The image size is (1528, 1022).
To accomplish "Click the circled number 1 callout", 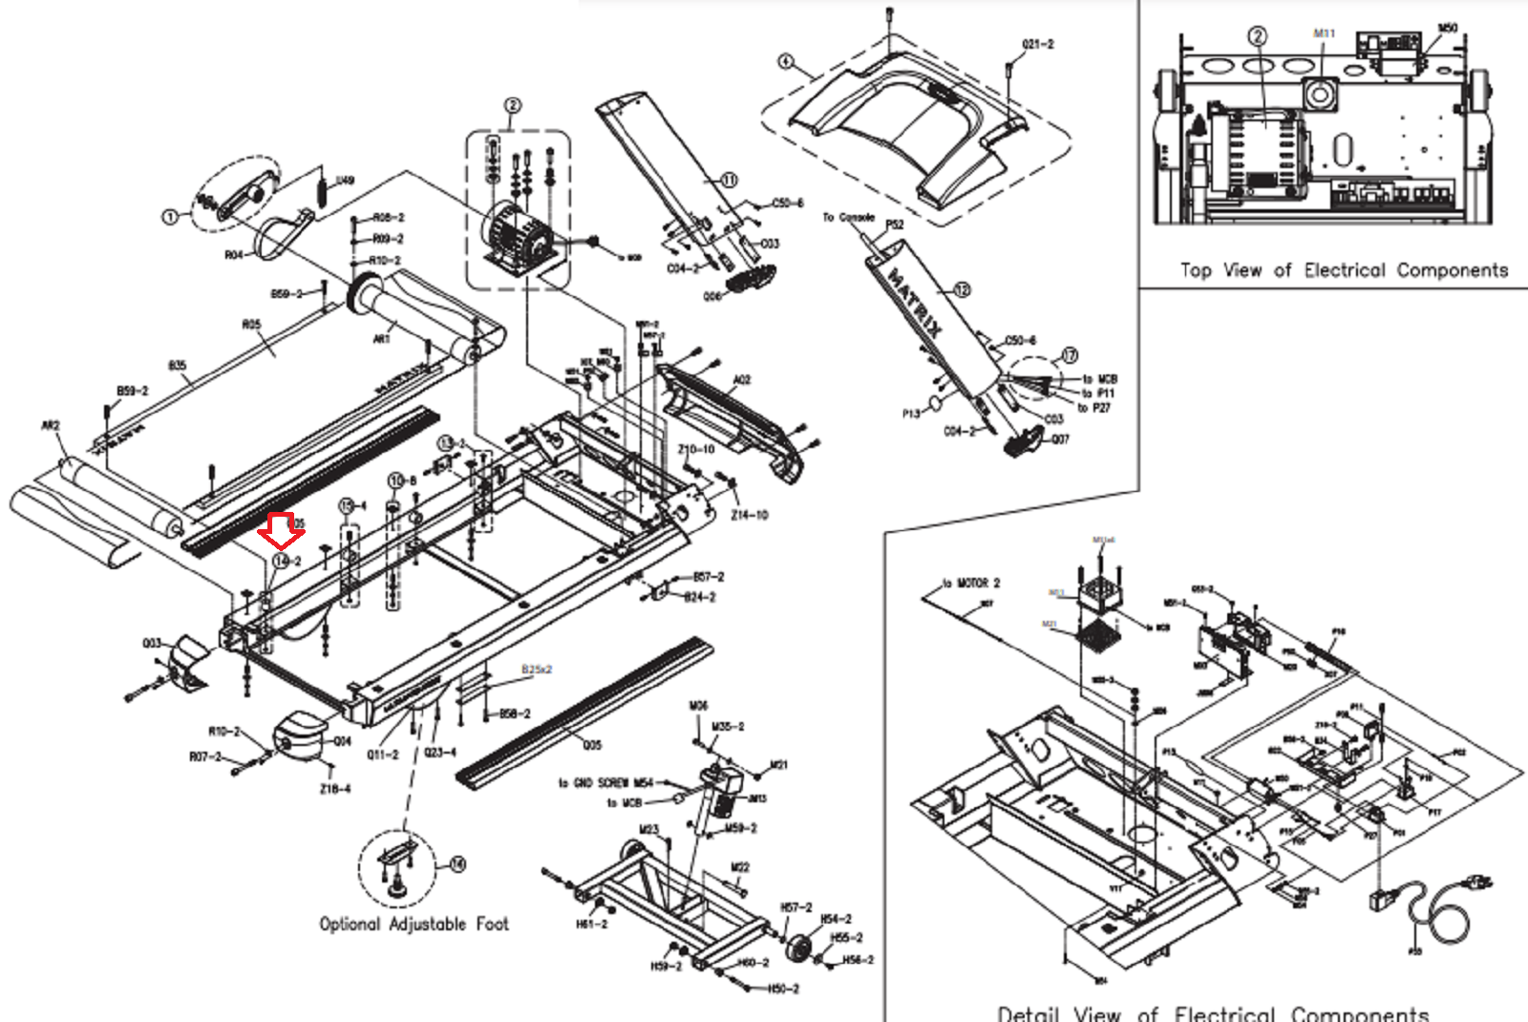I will [169, 217].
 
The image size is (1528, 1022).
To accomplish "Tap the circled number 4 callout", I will [785, 61].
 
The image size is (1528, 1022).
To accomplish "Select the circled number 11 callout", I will [729, 180].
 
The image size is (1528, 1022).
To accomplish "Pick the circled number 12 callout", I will [962, 288].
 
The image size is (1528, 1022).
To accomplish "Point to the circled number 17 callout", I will [1070, 355].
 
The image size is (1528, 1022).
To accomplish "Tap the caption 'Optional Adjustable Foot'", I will [414, 924].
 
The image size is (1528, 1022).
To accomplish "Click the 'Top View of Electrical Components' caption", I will [1344, 270].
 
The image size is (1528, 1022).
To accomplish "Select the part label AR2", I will [51, 425].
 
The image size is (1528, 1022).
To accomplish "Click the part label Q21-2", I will [1037, 44].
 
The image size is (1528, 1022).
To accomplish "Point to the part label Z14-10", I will [749, 515].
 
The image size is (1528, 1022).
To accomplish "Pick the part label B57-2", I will [708, 577].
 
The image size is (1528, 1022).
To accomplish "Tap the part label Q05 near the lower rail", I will [592, 745].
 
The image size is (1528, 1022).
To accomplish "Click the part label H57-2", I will [796, 906].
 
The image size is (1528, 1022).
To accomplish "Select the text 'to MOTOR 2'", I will [970, 583].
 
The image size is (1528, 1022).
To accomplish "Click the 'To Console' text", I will [848, 218].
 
